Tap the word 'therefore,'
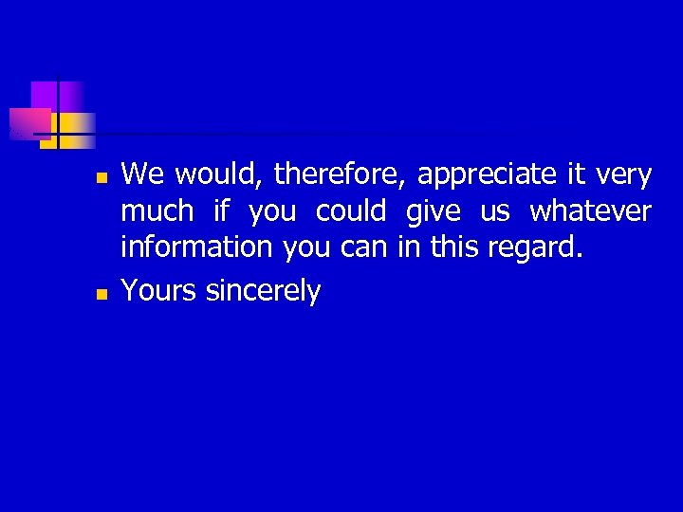click(x=341, y=174)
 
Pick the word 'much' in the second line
click(x=157, y=210)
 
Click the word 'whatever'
click(x=590, y=210)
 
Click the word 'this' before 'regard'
click(x=454, y=247)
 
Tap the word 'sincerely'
click(x=263, y=291)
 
